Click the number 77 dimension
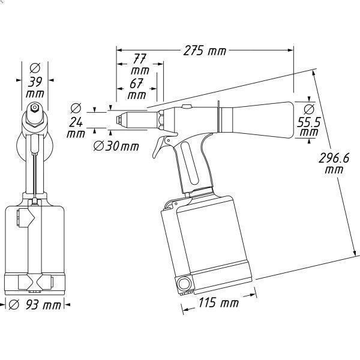click(x=139, y=59)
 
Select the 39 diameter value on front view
click(x=34, y=81)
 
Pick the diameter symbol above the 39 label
click(x=34, y=66)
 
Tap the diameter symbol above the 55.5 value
click(x=308, y=109)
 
